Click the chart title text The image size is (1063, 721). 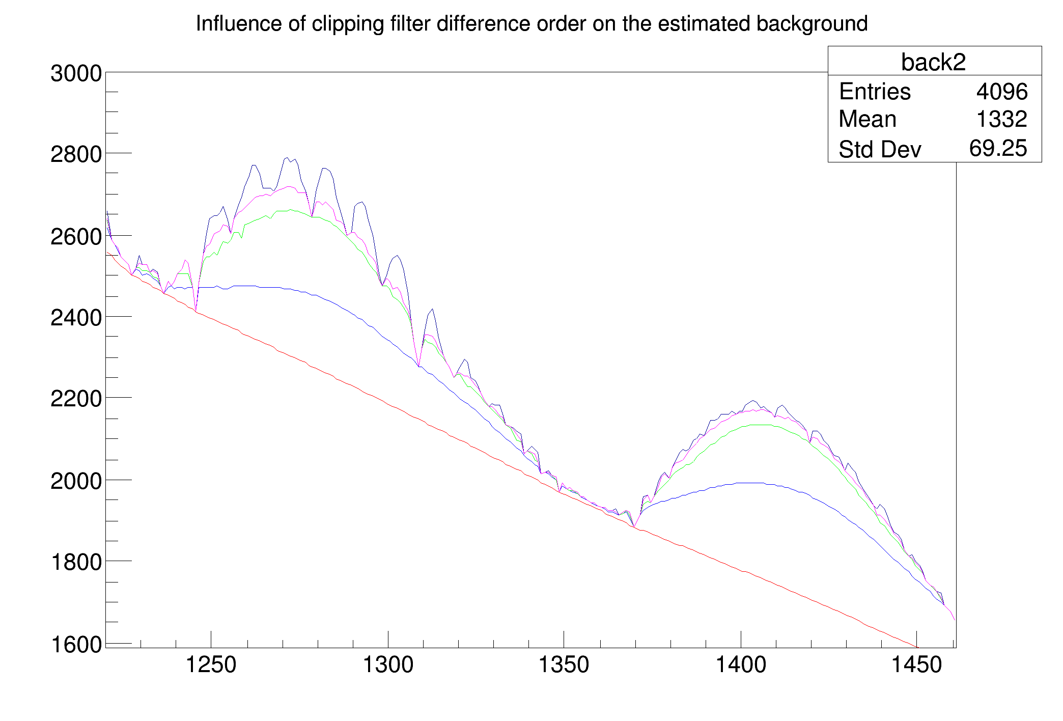point(531,24)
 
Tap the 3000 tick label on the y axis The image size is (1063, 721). point(76,73)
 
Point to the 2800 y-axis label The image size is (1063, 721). point(76,154)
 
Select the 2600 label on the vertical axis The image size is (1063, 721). point(76,237)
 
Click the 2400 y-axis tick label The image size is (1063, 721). point(76,318)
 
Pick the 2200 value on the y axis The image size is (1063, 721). point(76,399)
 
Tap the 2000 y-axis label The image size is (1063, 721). point(76,481)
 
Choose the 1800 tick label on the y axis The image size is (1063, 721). point(76,562)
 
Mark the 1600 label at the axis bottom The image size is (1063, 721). point(76,644)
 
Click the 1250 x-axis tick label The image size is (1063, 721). point(211,665)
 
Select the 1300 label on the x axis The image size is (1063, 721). point(388,665)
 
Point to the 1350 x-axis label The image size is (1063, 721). point(564,665)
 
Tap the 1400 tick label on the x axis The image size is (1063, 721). point(741,665)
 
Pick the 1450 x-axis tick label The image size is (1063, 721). point(916,665)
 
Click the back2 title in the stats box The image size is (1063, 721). point(933,62)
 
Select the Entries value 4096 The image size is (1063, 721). point(1002,92)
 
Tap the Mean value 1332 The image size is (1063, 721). point(1002,119)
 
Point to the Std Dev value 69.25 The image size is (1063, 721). point(998,148)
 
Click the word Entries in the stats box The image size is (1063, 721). point(875,92)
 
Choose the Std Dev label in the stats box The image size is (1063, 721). point(880,149)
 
